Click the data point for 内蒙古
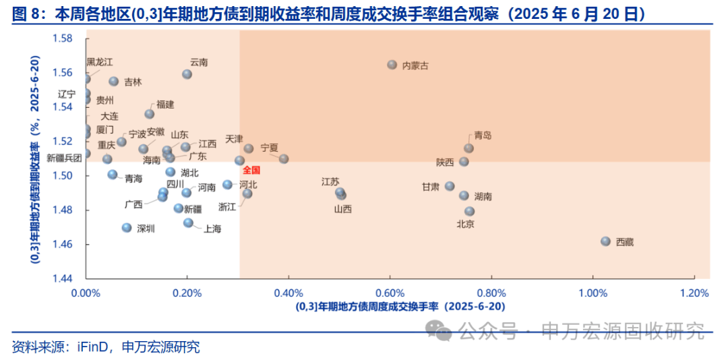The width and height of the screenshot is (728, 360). (x=392, y=65)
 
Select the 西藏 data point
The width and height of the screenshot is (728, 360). (x=605, y=241)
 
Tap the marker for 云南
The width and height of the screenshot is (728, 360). (x=187, y=74)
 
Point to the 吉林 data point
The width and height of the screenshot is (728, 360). (x=114, y=82)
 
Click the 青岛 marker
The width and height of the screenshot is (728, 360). (x=469, y=148)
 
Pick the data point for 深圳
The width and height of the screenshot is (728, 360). (x=127, y=228)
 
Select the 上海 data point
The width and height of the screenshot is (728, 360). (x=189, y=223)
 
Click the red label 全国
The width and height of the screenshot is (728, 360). (x=251, y=170)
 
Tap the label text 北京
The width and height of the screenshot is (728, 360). (x=466, y=224)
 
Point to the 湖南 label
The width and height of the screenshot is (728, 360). (x=483, y=197)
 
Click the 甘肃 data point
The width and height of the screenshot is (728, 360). (x=450, y=187)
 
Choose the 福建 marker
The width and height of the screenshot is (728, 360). (x=150, y=114)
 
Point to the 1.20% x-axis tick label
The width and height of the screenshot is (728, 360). (x=694, y=293)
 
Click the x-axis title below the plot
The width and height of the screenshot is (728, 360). (x=400, y=307)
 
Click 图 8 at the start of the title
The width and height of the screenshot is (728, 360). (x=26, y=13)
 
